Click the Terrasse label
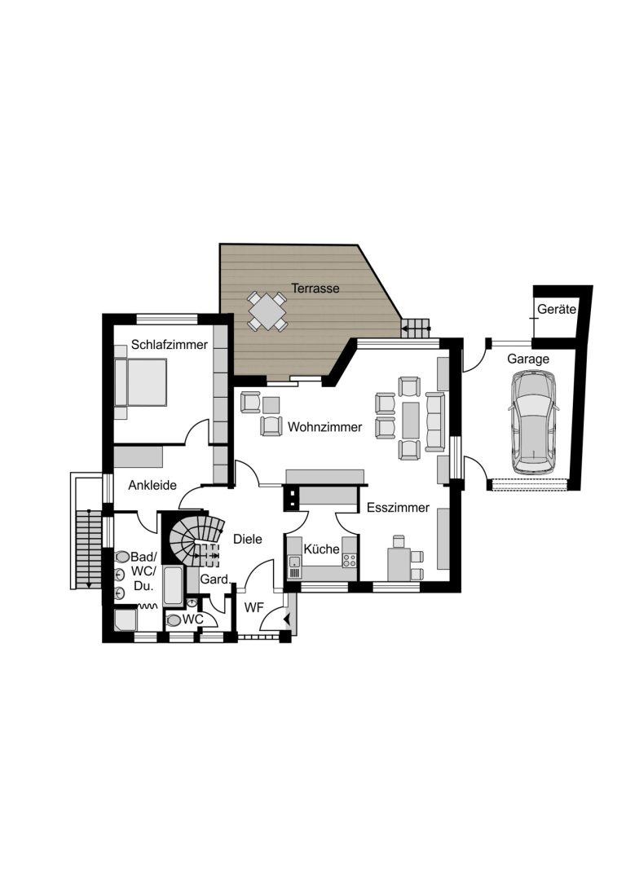tap(315, 289)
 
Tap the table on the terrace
tap(267, 311)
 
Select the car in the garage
tap(533, 421)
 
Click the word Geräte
tap(557, 309)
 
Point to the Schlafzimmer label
tap(170, 345)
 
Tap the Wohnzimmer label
tap(325, 427)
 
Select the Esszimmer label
tap(399, 508)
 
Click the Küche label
tap(321, 549)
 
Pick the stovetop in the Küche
tap(349, 560)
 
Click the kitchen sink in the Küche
tap(294, 562)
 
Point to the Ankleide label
tap(152, 485)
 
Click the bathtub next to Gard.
tap(173, 585)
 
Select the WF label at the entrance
tap(254, 608)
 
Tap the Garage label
tap(527, 359)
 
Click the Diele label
tap(248, 539)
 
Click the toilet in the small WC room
tap(174, 620)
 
